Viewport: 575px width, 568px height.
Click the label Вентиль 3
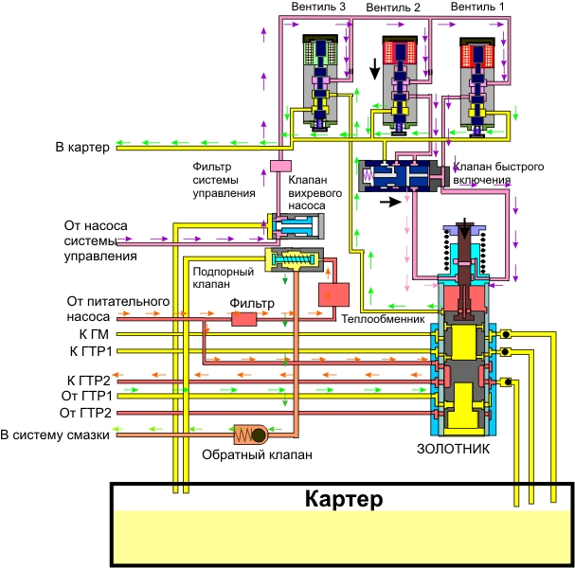tap(319, 8)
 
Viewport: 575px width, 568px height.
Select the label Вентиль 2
tap(392, 8)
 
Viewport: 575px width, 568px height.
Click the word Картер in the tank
tap(343, 498)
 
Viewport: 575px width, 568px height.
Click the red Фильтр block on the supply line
tap(244, 319)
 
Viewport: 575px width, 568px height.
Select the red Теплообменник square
tap(333, 295)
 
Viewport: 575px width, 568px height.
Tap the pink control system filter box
tap(280, 167)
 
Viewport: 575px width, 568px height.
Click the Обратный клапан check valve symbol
tap(256, 435)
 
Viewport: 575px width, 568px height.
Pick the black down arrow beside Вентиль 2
tap(376, 69)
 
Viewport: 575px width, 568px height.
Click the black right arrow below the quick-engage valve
tap(389, 201)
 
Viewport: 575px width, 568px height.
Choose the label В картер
tap(83, 147)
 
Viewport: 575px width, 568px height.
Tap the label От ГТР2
tap(86, 413)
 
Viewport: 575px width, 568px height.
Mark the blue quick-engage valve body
tap(398, 176)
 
